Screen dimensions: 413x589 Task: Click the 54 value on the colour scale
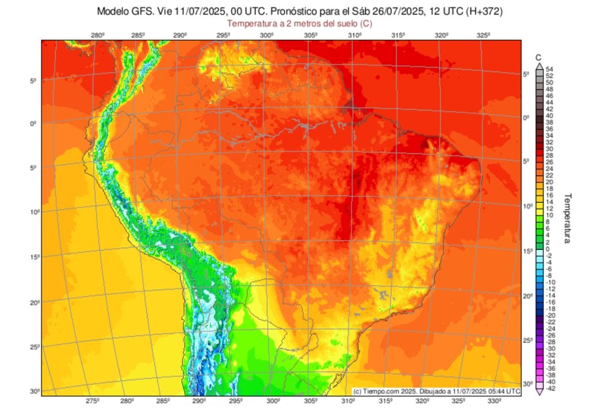tap(549, 69)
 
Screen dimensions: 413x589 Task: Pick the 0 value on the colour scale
tap(548, 248)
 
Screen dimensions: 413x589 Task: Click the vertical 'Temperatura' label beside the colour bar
tap(567, 218)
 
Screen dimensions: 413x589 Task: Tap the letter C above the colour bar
tap(538, 57)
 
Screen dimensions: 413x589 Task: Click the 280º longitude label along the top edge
tap(97, 36)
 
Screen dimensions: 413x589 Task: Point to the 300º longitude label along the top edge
tap(266, 36)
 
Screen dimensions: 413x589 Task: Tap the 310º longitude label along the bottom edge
tap(347, 401)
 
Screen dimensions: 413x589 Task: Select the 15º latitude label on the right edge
tap(527, 251)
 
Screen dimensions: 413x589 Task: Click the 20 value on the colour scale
tap(549, 181)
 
